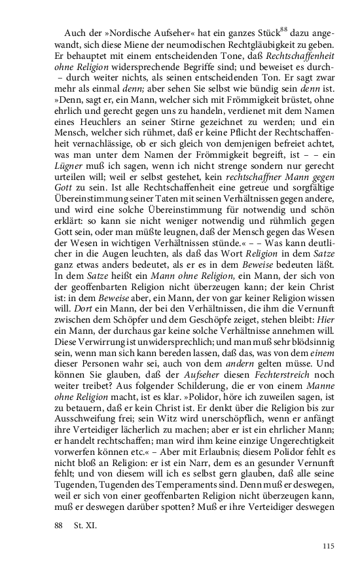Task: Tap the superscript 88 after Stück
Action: pyautogui.click(x=284, y=29)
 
